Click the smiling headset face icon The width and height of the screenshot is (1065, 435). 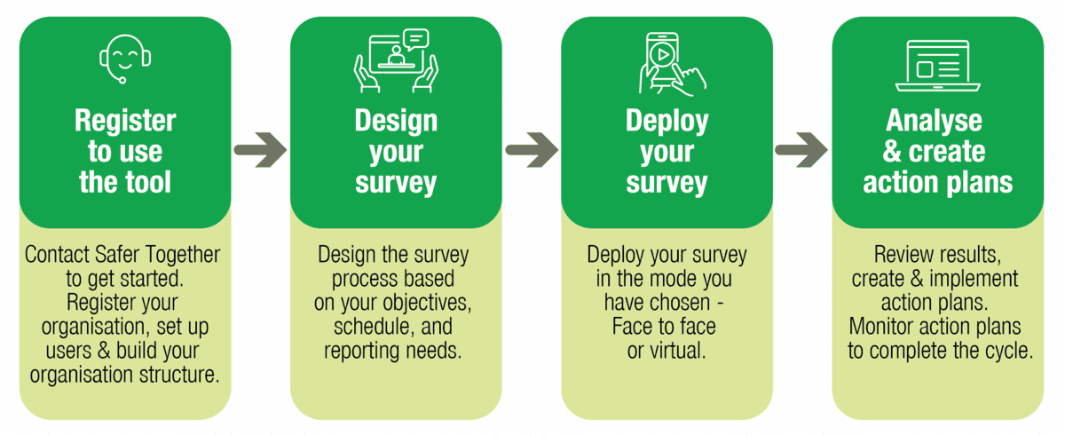coord(125,59)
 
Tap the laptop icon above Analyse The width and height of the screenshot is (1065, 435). coord(937,66)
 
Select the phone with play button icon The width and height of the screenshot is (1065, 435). coord(672,64)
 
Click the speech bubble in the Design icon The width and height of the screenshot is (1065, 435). coord(415,39)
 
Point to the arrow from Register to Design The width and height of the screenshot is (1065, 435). coord(261,150)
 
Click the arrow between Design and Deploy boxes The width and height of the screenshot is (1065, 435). coord(532,150)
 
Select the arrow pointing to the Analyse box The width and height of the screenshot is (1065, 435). coord(801,150)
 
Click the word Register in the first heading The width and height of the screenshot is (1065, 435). coord(125,120)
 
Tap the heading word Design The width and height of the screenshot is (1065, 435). coord(396,121)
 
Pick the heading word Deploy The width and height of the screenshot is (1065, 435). coord(667,121)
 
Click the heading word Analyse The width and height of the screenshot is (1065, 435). coord(934,121)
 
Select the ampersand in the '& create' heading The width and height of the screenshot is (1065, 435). coord(893,151)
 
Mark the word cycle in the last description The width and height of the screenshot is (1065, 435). coord(1008,352)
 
